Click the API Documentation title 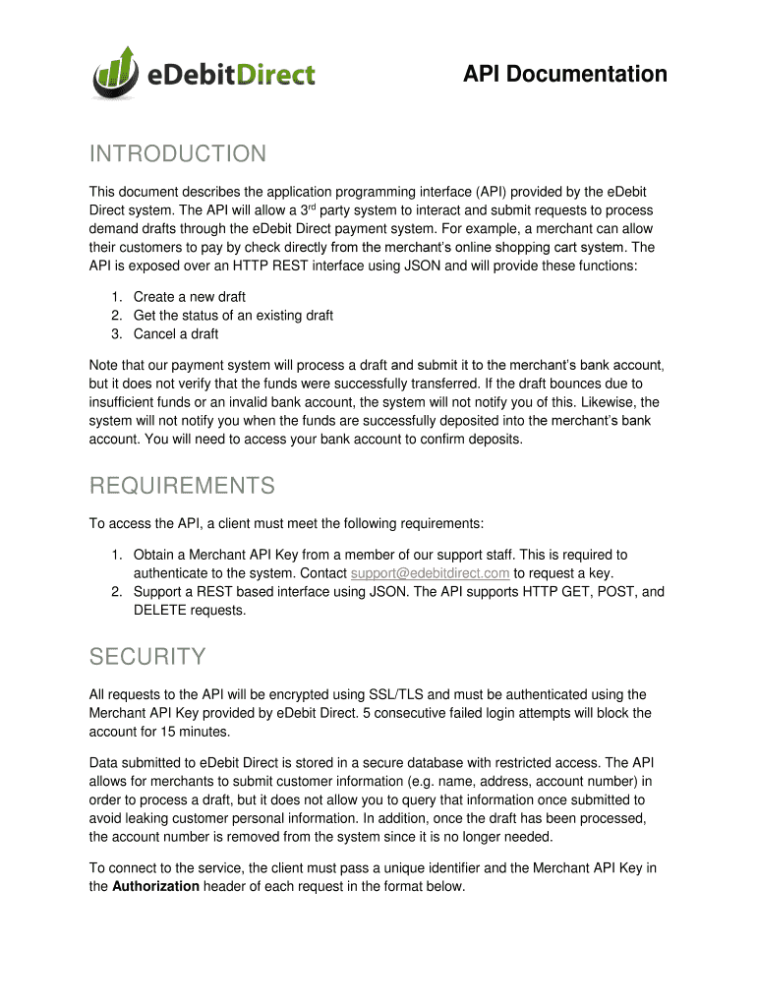coord(565,75)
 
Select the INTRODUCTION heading coord(178,154)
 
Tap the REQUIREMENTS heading coord(182,486)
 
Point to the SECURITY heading coord(147,656)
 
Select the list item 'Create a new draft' coord(190,297)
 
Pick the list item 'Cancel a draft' coord(176,334)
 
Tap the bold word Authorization coord(156,886)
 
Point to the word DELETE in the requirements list coord(161,611)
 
